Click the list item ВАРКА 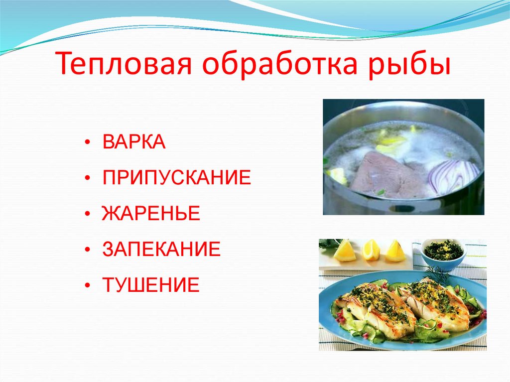(x=134, y=142)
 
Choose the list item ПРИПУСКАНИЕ (x=176, y=178)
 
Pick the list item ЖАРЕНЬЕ (x=151, y=213)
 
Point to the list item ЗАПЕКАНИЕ (x=161, y=249)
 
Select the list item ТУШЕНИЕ (x=151, y=285)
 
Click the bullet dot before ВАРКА (x=88, y=143)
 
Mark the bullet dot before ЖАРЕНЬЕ (x=88, y=214)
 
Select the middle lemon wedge (x=371, y=250)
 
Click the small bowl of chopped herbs (x=443, y=252)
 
